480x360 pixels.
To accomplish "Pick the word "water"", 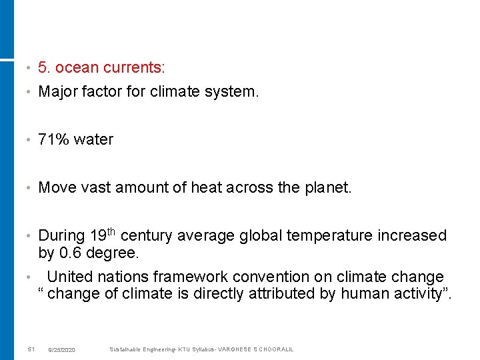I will click(x=94, y=140).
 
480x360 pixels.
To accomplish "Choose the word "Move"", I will click(x=57, y=188).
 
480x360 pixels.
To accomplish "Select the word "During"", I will click(x=62, y=236).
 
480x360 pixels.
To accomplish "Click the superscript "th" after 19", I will click(x=111, y=231).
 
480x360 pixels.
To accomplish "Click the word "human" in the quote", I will click(x=363, y=294).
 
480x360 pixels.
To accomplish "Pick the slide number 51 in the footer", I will click(x=31, y=350).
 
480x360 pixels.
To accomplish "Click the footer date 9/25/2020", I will click(x=62, y=350).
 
